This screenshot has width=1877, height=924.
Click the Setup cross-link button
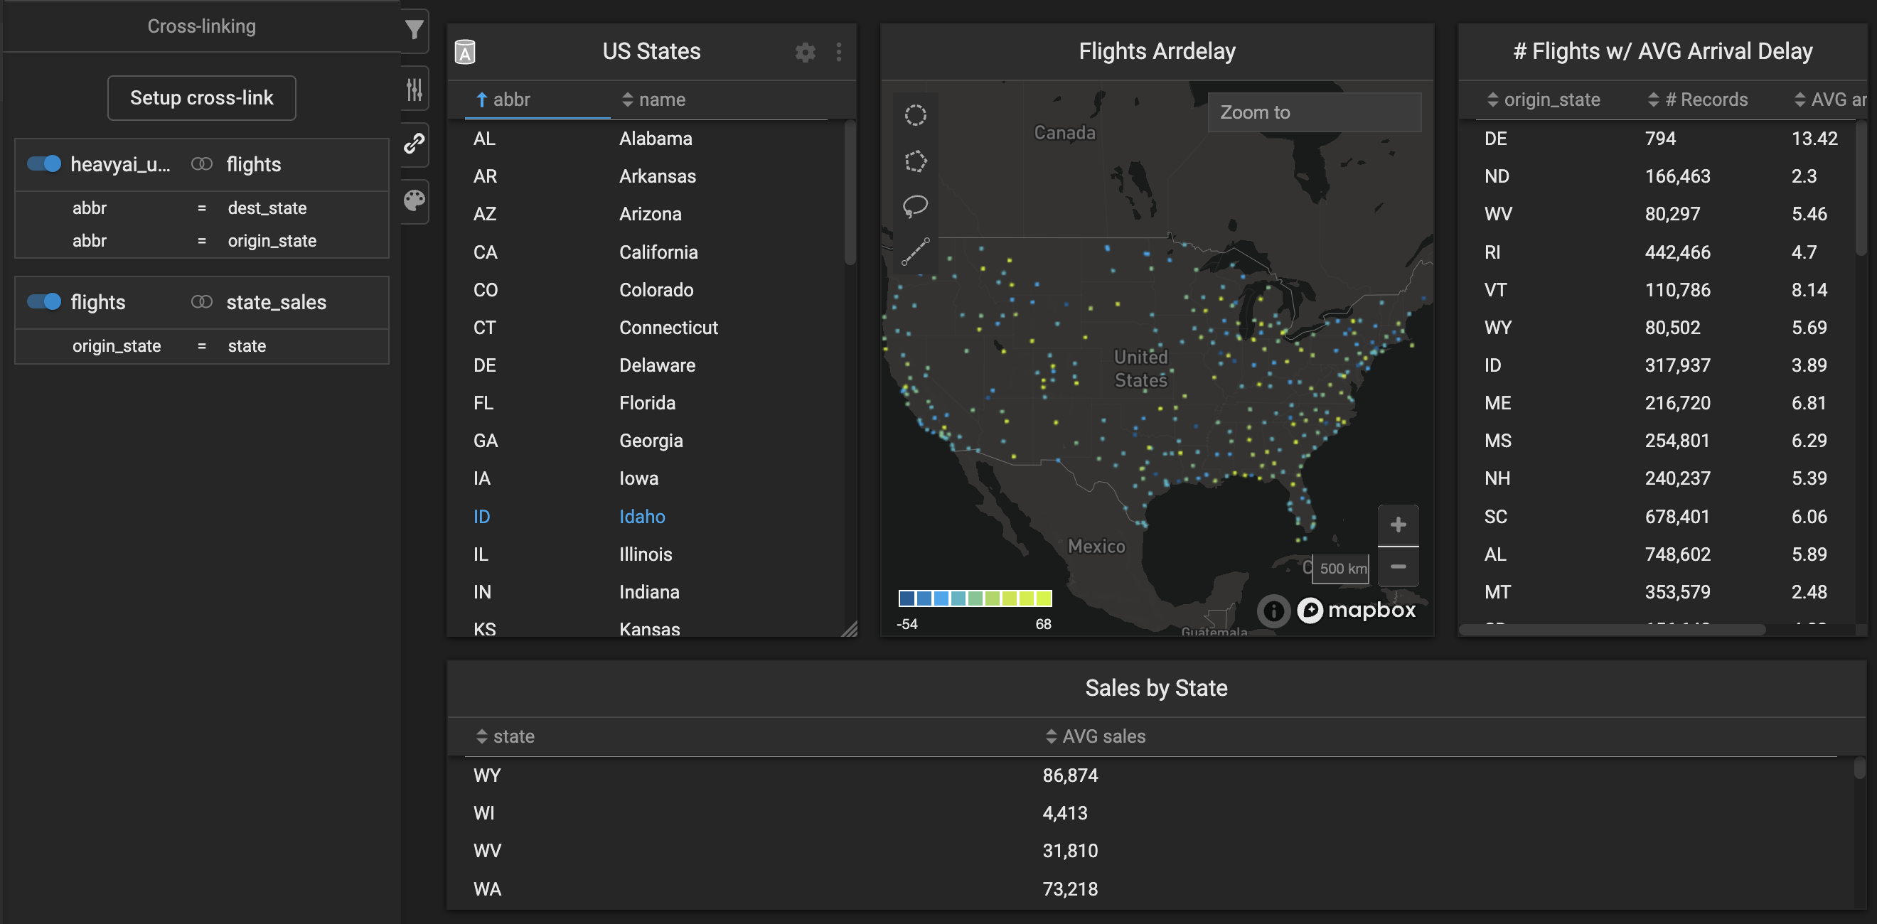(x=201, y=97)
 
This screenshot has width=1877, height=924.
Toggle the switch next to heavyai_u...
(x=43, y=164)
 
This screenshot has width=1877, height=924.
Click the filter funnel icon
(x=414, y=30)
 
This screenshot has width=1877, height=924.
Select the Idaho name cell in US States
(x=641, y=517)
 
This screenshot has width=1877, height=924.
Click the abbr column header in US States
(x=510, y=100)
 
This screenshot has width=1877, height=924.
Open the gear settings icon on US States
(x=804, y=52)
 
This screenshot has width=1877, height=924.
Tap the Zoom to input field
(x=1314, y=112)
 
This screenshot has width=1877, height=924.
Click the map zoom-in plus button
(x=1398, y=525)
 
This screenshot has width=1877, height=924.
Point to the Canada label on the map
(x=1064, y=133)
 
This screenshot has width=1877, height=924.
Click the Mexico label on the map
(x=1096, y=547)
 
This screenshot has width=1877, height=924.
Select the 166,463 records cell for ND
(x=1677, y=176)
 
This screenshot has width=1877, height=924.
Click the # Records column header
(x=1706, y=100)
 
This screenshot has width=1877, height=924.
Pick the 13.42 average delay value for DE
(x=1814, y=139)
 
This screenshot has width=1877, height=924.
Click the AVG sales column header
(x=1103, y=737)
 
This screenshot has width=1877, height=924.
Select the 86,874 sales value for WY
(x=1069, y=775)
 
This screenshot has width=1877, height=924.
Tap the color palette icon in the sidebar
(x=414, y=200)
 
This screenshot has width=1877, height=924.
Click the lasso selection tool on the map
(x=915, y=206)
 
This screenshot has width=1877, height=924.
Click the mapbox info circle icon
(x=1273, y=611)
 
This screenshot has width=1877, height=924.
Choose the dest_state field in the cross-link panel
(x=267, y=208)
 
